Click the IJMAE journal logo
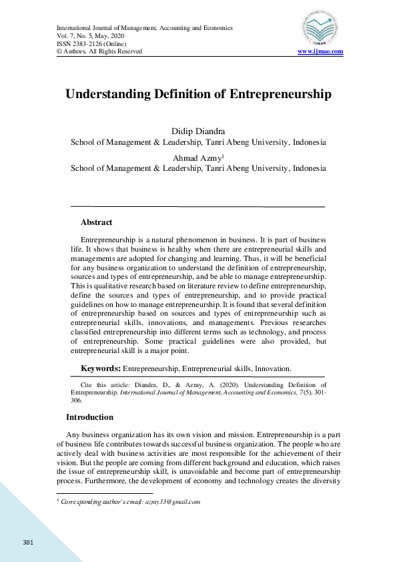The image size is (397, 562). click(x=319, y=29)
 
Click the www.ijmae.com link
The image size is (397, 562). click(x=320, y=51)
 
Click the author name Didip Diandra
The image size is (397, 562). click(x=198, y=131)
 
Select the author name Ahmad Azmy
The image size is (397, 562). click(x=197, y=158)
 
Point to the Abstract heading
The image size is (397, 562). click(x=96, y=222)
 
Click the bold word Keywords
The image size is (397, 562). click(x=100, y=368)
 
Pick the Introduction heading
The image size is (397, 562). click(x=89, y=417)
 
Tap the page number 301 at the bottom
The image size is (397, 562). click(x=27, y=541)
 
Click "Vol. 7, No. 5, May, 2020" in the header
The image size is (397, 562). click(x=94, y=36)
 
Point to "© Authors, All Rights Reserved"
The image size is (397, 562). click(x=99, y=51)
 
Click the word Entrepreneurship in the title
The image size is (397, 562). click(x=280, y=94)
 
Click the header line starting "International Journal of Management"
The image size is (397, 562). click(x=145, y=28)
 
